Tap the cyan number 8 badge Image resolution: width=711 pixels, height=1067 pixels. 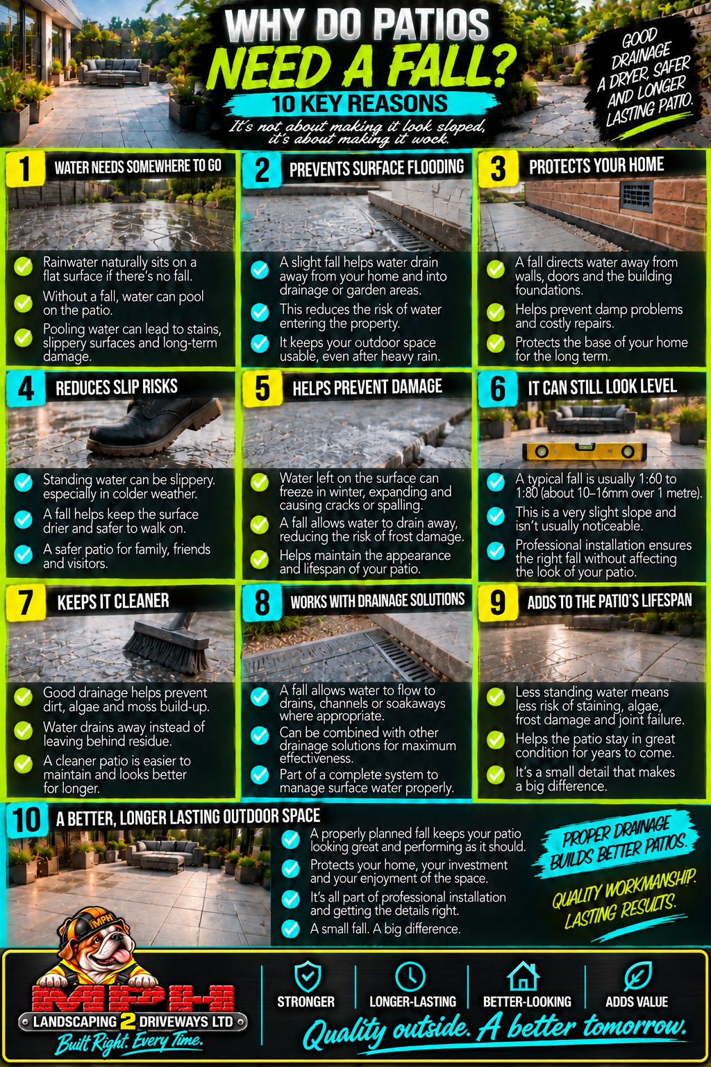coord(262,602)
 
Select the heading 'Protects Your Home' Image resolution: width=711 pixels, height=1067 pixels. coord(596,165)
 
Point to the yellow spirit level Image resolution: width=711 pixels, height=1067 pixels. coord(584,450)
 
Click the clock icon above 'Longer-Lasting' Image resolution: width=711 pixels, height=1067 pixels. coord(410,977)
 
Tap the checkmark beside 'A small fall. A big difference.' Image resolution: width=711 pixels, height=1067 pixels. coord(290,929)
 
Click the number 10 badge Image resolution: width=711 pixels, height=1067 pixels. coord(27,820)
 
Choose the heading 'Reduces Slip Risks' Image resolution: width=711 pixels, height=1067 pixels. coord(117,387)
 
